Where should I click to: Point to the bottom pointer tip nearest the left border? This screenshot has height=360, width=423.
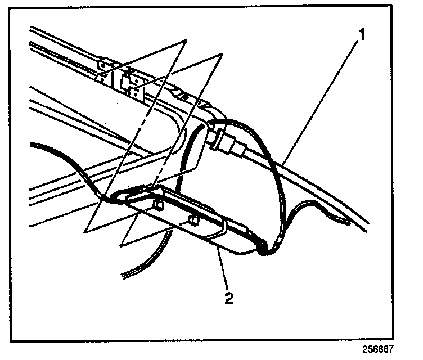click(x=86, y=231)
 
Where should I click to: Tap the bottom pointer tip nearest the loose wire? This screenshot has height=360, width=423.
click(x=121, y=246)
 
